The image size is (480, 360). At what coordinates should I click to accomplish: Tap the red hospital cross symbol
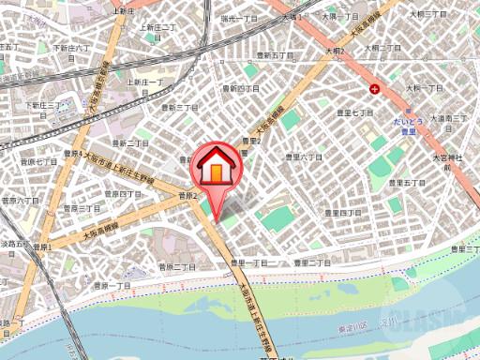(x=376, y=89)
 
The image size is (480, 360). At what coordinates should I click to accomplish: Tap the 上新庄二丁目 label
(x=158, y=28)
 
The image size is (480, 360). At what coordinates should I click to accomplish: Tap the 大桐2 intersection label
(x=336, y=51)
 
